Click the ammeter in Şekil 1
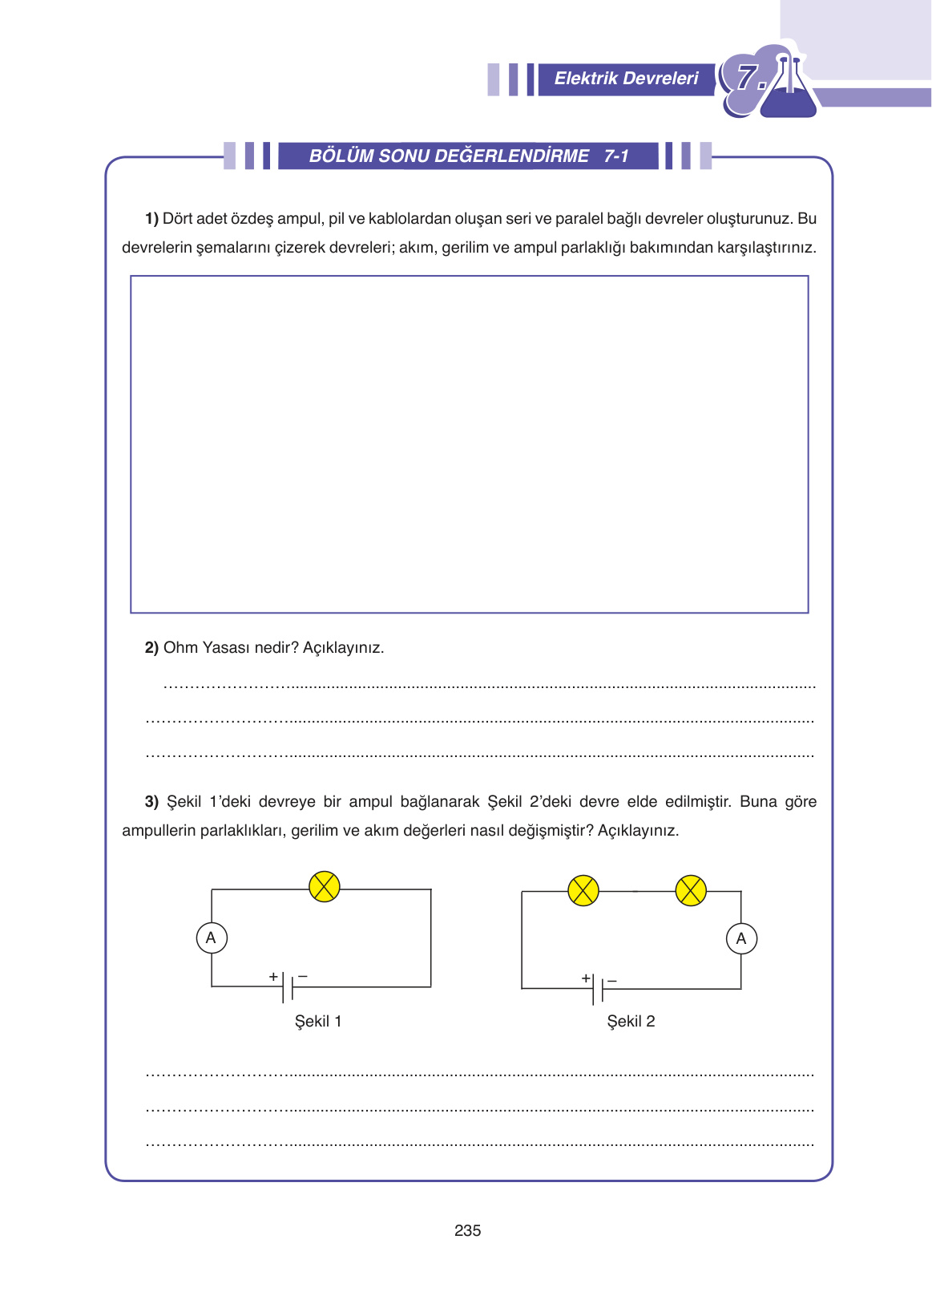coord(212,938)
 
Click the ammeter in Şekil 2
coord(741,938)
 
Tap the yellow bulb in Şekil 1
coord(325,887)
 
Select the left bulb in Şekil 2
coord(583,890)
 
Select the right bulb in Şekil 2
coord(691,890)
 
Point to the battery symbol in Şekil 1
coord(288,986)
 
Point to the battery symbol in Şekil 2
coord(598,989)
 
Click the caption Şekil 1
coord(318,1021)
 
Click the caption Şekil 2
coord(631,1021)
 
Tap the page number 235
coord(467,1230)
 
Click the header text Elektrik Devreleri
coord(626,79)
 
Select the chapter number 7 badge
coord(749,79)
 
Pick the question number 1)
coord(151,218)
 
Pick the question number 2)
coord(151,647)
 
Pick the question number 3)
coord(151,801)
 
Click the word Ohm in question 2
coord(180,647)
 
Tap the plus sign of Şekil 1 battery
coord(273,976)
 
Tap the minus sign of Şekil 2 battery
coord(612,980)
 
